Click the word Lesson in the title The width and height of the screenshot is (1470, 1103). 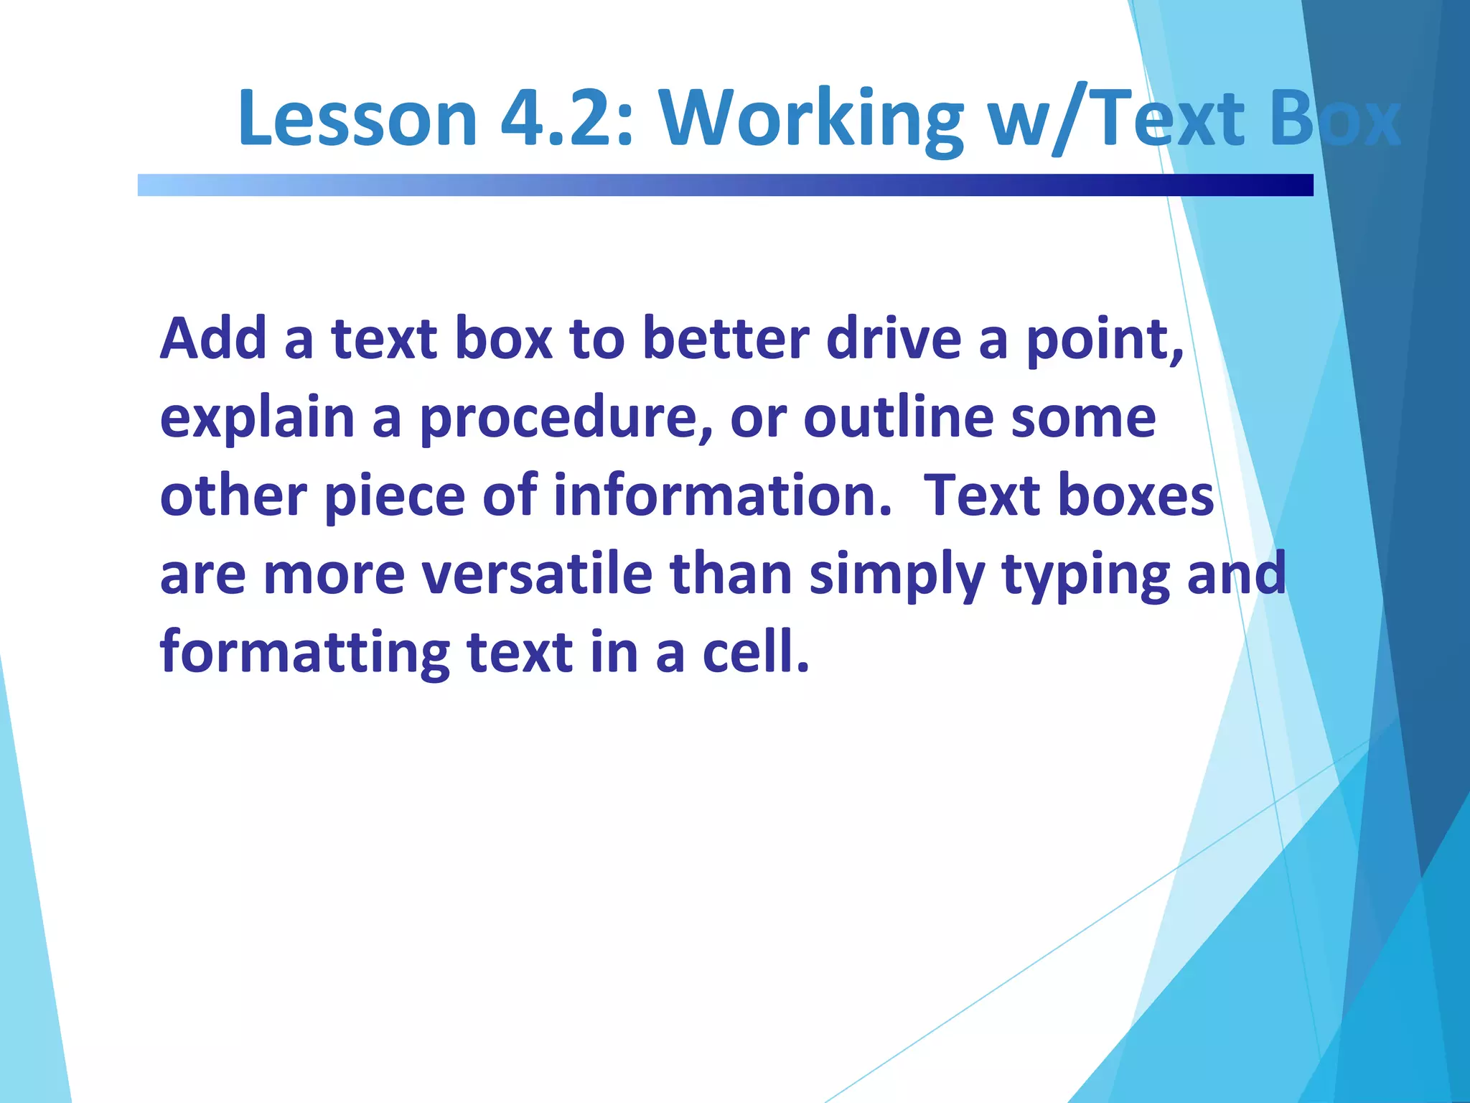[357, 118]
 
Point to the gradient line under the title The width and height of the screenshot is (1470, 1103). [725, 185]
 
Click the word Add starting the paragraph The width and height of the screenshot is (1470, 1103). [213, 338]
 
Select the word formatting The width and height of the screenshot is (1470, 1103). [304, 653]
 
